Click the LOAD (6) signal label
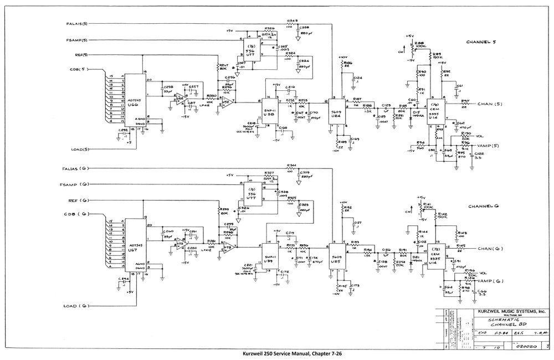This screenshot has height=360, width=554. click(x=77, y=306)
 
